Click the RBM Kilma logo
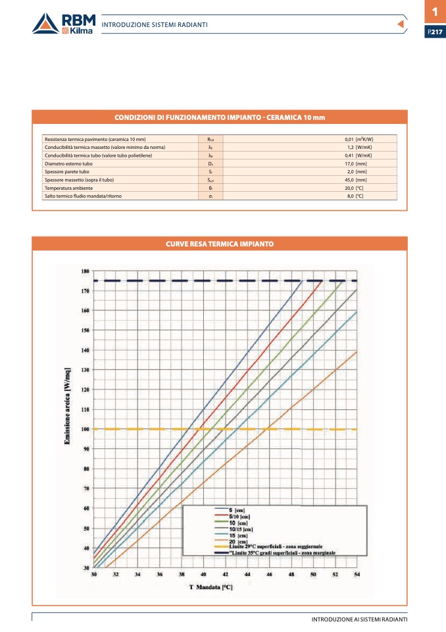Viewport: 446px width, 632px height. (x=63, y=23)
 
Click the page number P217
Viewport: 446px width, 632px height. (x=435, y=32)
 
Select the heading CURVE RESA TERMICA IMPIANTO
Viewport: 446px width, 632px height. (x=220, y=244)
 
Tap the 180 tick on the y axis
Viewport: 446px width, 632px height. (x=86, y=271)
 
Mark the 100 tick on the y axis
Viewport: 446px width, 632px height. (x=86, y=429)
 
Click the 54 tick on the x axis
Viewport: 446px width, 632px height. (x=357, y=575)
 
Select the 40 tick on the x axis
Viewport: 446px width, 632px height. (x=204, y=575)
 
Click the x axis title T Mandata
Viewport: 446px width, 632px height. (x=211, y=587)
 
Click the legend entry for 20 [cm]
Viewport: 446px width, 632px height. (x=237, y=541)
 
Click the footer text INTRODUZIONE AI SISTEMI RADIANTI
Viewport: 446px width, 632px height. (x=359, y=620)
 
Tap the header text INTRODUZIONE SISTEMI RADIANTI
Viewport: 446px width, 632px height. (x=155, y=24)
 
